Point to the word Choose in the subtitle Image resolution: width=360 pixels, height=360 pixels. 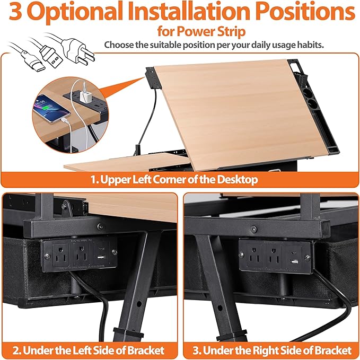119,45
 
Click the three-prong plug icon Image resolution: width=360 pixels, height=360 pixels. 75,51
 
